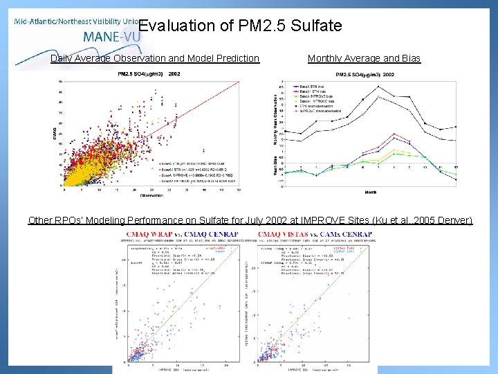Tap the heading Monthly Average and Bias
pos(364,58)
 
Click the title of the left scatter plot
pos(149,73)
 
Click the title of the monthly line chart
pos(365,74)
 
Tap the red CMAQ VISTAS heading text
pos(284,234)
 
